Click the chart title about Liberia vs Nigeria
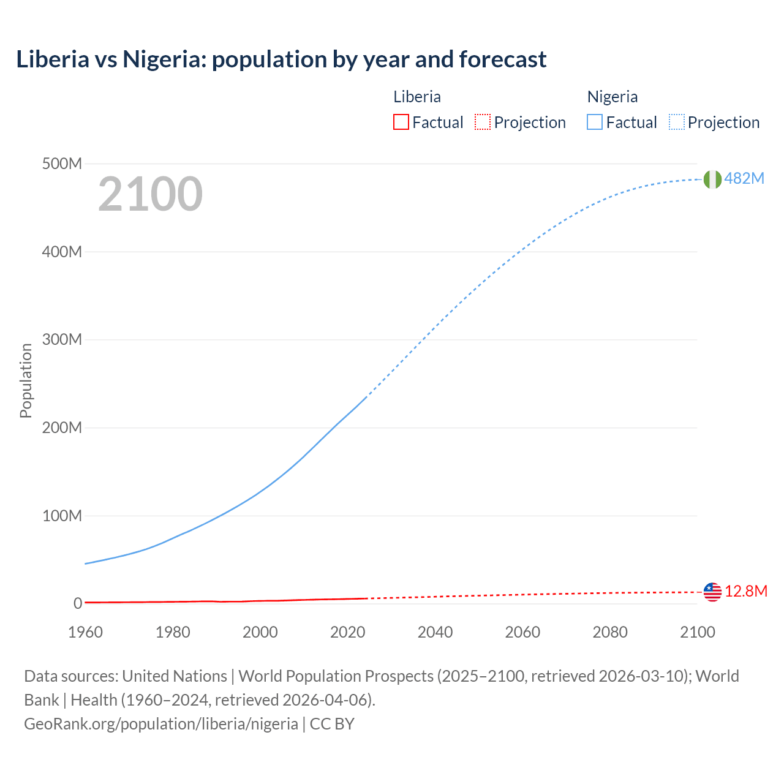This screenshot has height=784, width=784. tap(281, 59)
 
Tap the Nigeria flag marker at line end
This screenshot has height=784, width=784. tap(712, 179)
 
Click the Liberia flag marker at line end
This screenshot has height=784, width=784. tap(712, 592)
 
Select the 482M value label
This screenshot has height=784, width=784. tap(744, 178)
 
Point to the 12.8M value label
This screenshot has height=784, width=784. tap(746, 591)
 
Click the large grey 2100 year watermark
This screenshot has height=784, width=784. tap(150, 194)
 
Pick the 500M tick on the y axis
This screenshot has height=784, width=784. tap(62, 164)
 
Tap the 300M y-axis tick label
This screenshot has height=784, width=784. tap(62, 339)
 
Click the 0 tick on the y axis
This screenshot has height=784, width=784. tap(77, 603)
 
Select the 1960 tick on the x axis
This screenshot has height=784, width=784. tap(85, 632)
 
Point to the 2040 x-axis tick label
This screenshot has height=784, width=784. tap(435, 632)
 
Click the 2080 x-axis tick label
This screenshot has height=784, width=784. tap(610, 632)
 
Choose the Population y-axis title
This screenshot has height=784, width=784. tap(26, 380)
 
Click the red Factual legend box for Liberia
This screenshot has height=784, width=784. tap(401, 122)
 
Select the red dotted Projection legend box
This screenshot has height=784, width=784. tap(483, 122)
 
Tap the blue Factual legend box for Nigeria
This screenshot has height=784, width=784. tap(594, 122)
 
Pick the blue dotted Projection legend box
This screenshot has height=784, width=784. tap(676, 122)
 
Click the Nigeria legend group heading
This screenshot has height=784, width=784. tap(612, 97)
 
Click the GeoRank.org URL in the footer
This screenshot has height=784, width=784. tap(161, 723)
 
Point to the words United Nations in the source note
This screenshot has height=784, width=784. tap(175, 676)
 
